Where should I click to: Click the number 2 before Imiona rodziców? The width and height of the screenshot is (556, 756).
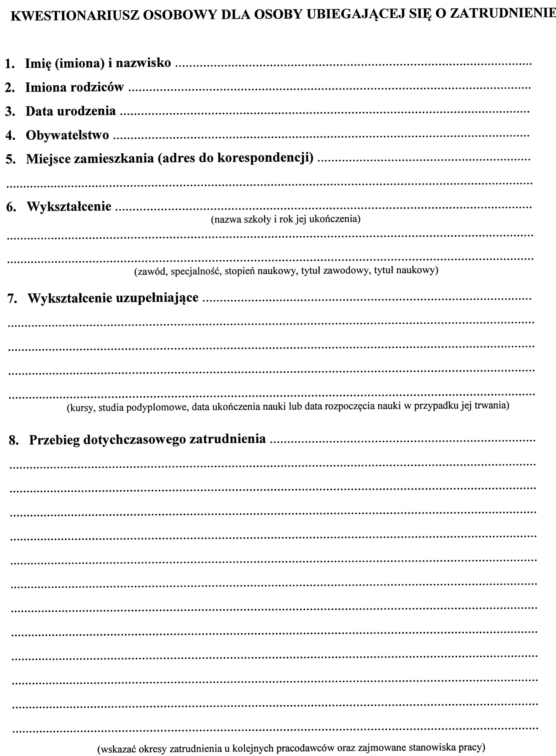9,88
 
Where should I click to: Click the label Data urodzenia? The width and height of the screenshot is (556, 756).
70,111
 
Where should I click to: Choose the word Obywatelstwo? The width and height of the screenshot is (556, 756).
67,135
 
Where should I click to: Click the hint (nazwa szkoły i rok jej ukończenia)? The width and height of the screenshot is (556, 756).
285,220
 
